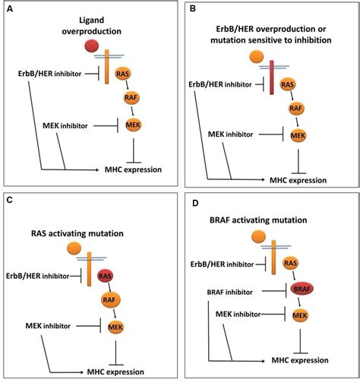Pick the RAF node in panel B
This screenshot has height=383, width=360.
coord(299,109)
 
